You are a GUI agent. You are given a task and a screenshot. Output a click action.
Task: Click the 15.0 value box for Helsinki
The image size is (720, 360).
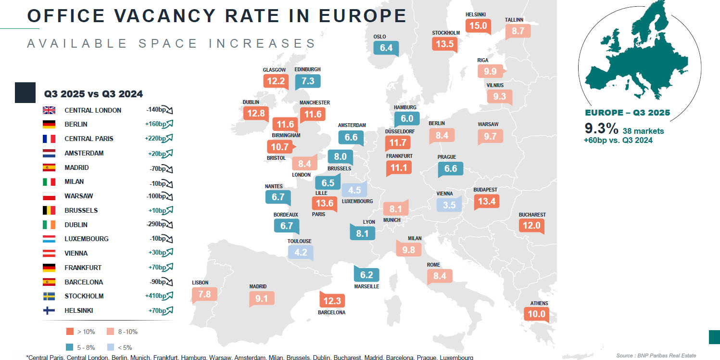click(x=478, y=26)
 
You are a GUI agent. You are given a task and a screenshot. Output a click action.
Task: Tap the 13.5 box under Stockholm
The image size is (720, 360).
click(x=444, y=44)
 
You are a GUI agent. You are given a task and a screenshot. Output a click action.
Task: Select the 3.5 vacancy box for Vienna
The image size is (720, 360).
click(x=449, y=205)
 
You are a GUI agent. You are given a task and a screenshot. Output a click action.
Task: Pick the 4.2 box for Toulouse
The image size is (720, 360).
click(x=301, y=252)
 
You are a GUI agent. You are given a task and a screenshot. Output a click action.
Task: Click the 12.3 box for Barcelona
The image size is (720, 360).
click(x=332, y=301)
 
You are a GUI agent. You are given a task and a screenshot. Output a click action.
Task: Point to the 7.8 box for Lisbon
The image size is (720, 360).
click(x=204, y=294)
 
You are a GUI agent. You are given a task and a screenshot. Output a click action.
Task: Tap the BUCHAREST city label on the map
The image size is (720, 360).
click(x=532, y=215)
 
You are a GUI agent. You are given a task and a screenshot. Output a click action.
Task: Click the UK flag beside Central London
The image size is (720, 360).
click(x=49, y=110)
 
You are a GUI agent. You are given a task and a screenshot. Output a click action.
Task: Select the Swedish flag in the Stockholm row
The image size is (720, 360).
click(x=49, y=296)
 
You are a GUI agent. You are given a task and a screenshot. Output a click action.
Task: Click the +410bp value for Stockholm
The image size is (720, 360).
click(x=156, y=296)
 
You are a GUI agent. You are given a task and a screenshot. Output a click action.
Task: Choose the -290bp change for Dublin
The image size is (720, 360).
click(x=156, y=224)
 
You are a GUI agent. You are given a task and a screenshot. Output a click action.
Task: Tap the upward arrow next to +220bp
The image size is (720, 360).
click(x=169, y=139)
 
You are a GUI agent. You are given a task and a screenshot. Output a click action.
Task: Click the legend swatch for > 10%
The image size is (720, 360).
click(x=70, y=332)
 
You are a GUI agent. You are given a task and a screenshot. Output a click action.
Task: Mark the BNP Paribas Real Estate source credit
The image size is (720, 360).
click(x=656, y=355)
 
